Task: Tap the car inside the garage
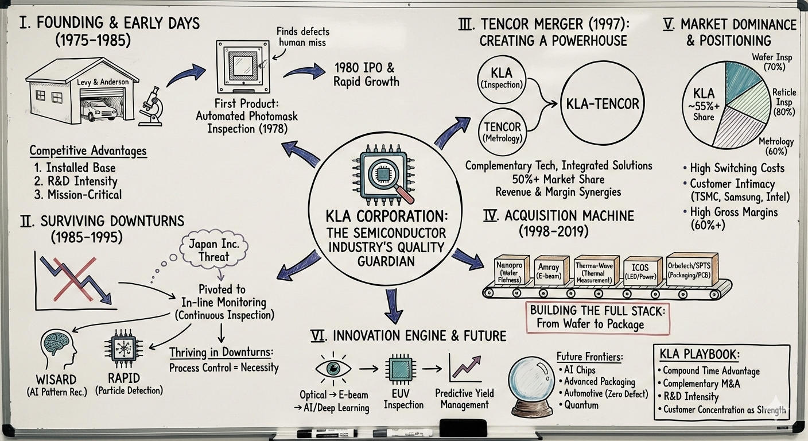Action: (x=99, y=109)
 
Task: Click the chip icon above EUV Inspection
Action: (x=399, y=367)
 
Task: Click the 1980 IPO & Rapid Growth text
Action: (x=366, y=74)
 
